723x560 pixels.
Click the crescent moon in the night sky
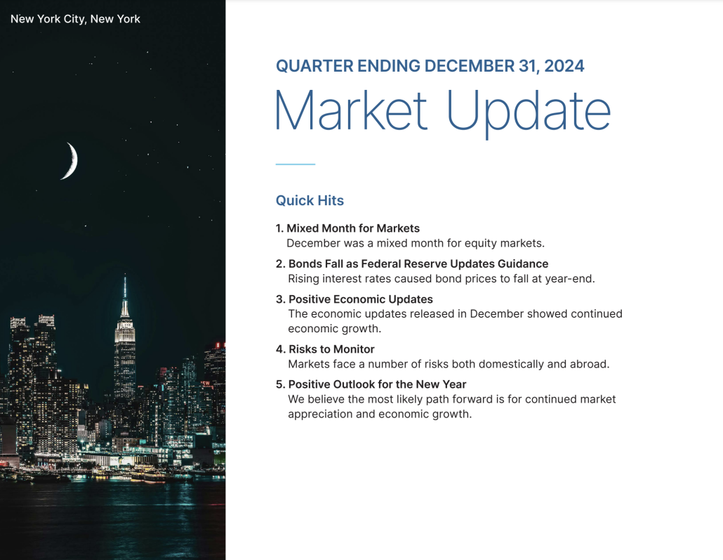point(71,161)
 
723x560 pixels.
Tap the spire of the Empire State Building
point(125,288)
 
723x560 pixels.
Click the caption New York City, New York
point(75,19)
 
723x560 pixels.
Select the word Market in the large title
point(350,110)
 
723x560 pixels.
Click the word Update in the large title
point(529,110)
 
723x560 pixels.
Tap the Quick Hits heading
point(310,200)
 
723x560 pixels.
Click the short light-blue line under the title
point(295,164)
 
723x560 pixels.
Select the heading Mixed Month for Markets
point(353,228)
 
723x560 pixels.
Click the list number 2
point(279,263)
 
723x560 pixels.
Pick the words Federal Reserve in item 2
point(411,263)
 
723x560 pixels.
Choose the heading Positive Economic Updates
point(360,299)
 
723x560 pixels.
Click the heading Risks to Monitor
point(331,349)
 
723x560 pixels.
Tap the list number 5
point(279,384)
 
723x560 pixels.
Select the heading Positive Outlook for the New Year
point(377,384)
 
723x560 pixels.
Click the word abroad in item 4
point(588,364)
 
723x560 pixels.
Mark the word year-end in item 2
point(569,278)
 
